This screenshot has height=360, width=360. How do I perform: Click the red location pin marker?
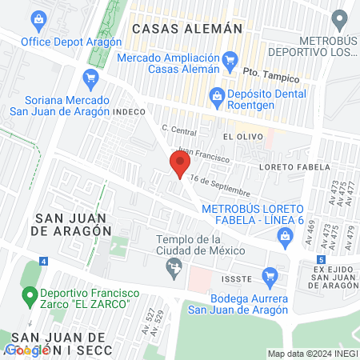point(179,165)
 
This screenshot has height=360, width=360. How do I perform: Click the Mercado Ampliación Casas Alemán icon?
point(230,58)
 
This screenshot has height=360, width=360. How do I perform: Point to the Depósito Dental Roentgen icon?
point(216,96)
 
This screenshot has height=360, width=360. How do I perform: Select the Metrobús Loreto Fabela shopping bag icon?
point(286,235)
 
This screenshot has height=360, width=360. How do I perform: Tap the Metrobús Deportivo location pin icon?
point(342,18)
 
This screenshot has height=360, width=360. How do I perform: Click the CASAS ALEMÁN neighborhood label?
point(186,28)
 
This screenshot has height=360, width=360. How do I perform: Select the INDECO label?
point(131,112)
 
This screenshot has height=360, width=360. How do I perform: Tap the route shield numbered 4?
point(42,261)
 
